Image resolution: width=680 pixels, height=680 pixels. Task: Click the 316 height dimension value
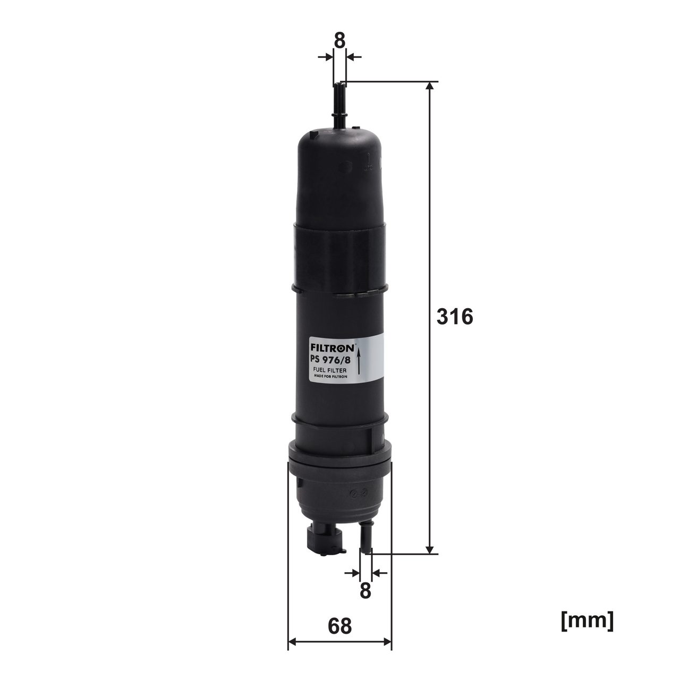point(454,317)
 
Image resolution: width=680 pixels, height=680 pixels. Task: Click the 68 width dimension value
point(339,626)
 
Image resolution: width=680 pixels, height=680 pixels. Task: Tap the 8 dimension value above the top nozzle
point(339,40)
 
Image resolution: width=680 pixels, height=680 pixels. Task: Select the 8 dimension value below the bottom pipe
point(365,590)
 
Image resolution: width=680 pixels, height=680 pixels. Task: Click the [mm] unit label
point(586,620)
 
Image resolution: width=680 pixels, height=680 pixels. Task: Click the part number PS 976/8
point(329,360)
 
